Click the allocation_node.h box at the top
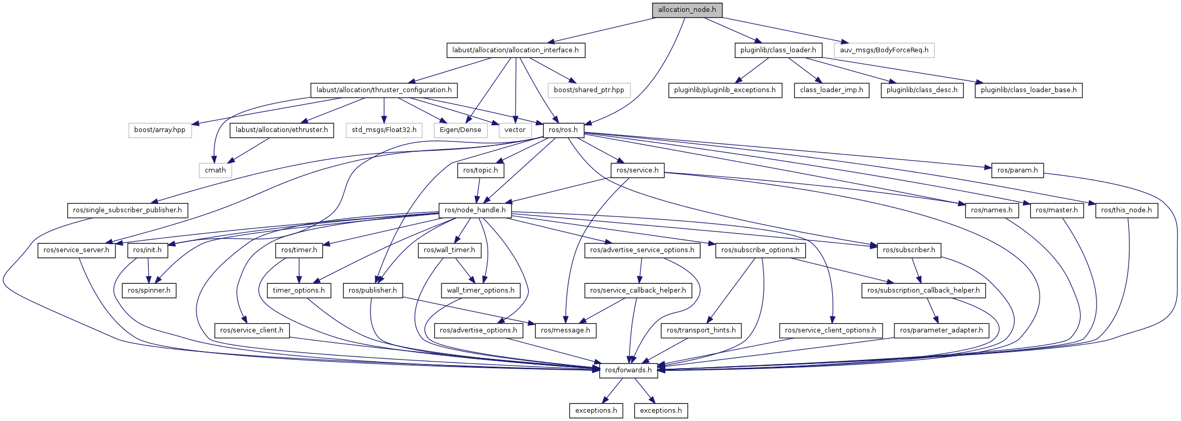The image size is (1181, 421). [x=687, y=10]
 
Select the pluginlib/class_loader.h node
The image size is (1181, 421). [x=778, y=50]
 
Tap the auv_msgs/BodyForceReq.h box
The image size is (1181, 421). [x=884, y=50]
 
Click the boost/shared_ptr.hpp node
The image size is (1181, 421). [x=589, y=90]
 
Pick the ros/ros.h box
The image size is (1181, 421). [x=563, y=130]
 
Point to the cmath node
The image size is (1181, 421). [x=215, y=170]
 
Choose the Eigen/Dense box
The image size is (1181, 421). [x=460, y=130]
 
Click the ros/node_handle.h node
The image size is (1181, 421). [x=475, y=210]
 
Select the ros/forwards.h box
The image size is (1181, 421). [x=628, y=370]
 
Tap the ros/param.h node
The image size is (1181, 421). [x=1017, y=170]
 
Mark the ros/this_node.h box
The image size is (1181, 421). [x=1126, y=210]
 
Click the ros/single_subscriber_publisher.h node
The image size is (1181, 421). [x=127, y=210]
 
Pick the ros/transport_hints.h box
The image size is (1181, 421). [x=701, y=330]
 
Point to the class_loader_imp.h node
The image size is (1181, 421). [x=831, y=90]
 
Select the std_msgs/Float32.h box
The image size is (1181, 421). [x=384, y=130]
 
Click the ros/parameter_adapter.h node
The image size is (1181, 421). [x=941, y=330]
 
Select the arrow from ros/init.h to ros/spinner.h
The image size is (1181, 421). [x=149, y=270]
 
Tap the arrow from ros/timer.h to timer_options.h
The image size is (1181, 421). [x=299, y=270]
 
